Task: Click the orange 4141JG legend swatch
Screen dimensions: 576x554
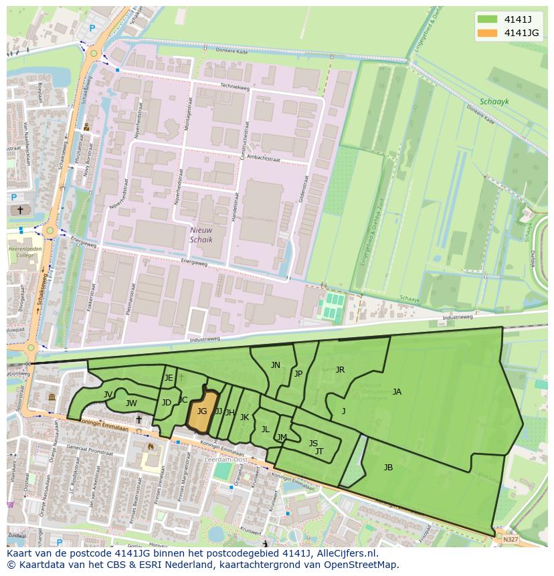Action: point(488,33)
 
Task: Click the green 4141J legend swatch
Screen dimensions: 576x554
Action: point(488,19)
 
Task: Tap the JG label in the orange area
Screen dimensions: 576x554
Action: point(202,411)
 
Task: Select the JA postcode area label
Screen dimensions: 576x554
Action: point(397,392)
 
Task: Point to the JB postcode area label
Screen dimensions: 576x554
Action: point(388,468)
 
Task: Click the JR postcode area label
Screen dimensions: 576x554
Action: point(340,370)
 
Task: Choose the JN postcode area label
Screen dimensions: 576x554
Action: point(276,365)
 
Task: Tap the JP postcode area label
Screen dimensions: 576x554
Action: point(298,374)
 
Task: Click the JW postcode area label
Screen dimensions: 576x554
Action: point(131,403)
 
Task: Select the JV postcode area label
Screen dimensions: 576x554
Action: point(108,395)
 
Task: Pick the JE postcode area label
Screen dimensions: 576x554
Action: point(169,378)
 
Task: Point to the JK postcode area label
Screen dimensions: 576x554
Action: point(244,417)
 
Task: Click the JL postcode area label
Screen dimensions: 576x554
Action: point(265,429)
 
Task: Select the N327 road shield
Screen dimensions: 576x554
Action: point(511,539)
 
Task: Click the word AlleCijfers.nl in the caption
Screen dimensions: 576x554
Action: point(347,553)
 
